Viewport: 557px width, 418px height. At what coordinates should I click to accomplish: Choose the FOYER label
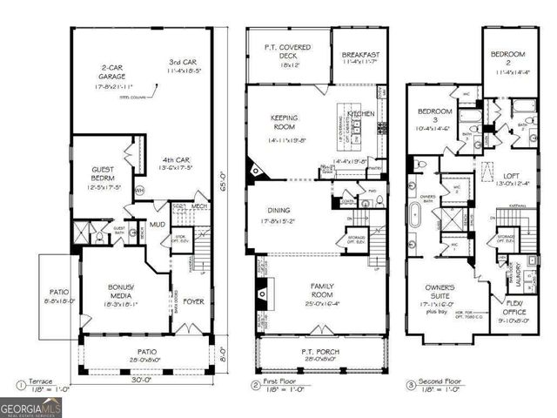[192, 303]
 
